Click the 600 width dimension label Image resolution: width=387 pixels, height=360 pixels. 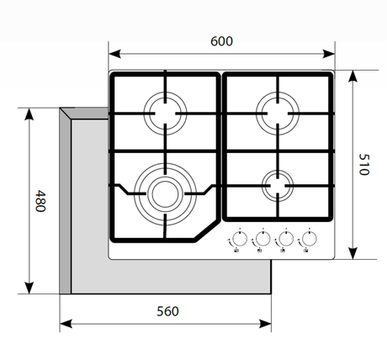tap(221, 40)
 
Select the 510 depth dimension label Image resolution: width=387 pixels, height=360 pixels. tap(363, 164)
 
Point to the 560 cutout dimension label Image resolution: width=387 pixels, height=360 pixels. tap(167, 311)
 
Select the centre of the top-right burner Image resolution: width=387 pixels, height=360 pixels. tap(278, 110)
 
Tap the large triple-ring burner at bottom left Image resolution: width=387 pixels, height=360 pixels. tap(164, 191)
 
